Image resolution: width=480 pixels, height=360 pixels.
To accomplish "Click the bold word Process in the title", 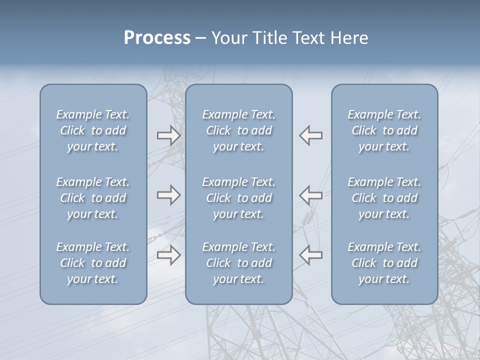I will [x=157, y=38].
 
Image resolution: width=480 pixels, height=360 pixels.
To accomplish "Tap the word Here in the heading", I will [x=349, y=38].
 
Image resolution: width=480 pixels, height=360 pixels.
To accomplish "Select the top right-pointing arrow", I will [x=168, y=135].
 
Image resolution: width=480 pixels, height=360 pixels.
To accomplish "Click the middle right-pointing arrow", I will [x=168, y=194].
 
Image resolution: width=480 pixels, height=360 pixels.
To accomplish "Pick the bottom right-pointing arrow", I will [x=168, y=255].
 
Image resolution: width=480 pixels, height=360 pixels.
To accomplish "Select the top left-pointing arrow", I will [x=311, y=135].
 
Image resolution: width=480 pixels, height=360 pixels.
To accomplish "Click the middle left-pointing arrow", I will [x=311, y=194].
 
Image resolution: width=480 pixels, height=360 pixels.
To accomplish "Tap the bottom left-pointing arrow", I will [x=311, y=255].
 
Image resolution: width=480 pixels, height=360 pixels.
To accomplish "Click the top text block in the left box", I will [x=93, y=130].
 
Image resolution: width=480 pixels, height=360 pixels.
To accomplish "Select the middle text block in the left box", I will [x=93, y=198].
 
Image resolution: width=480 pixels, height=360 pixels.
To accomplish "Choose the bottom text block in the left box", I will [x=93, y=263].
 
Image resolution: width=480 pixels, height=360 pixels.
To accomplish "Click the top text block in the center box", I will [x=239, y=130].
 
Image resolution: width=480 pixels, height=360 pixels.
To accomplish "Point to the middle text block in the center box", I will [x=239, y=198].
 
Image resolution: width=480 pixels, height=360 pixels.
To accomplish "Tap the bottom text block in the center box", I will [x=239, y=263].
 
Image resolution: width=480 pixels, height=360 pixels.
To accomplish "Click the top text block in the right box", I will [x=384, y=130].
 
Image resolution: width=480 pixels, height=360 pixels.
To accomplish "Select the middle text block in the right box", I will [x=384, y=198].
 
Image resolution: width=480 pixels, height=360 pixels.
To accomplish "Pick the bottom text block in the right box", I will [x=384, y=263].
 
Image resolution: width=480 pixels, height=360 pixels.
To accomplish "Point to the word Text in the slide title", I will [x=307, y=38].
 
